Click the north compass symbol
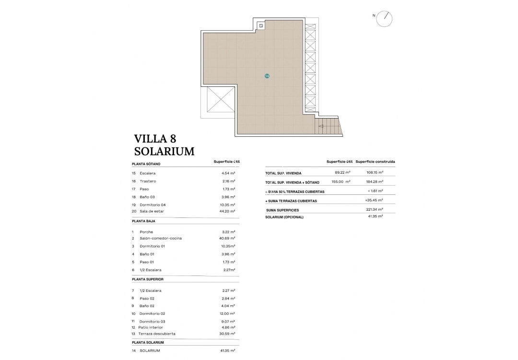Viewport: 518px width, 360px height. tap(385, 18)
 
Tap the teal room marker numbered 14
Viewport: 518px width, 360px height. tap(267, 76)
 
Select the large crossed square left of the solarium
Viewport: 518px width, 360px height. tap(220, 101)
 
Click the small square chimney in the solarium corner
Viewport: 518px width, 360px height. tap(260, 25)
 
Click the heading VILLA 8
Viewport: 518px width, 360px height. tap(155, 139)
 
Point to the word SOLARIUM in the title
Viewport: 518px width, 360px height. tap(164, 151)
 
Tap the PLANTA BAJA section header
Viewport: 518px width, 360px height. tap(143, 221)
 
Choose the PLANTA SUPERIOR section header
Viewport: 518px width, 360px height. tap(147, 279)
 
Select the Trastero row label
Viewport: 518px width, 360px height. tap(148, 181)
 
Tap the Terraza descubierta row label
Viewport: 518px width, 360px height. tap(157, 334)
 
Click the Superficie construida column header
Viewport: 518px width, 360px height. tap(378, 162)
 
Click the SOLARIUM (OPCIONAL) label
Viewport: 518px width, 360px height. tap(284, 217)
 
